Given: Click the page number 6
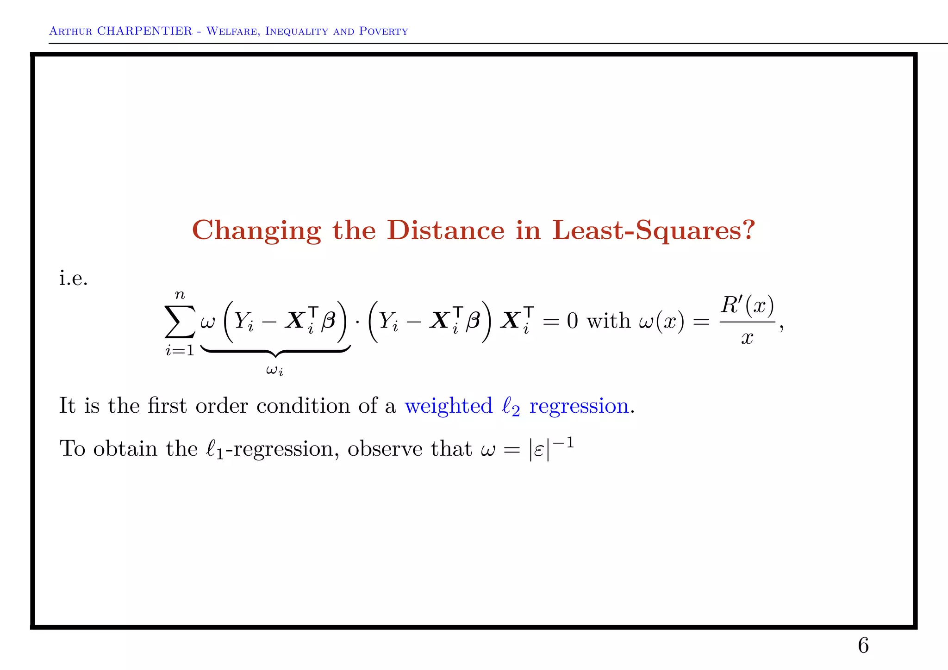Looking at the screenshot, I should (x=863, y=645).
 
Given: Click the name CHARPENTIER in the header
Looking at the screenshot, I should (x=144, y=31).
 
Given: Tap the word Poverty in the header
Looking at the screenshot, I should (x=384, y=31).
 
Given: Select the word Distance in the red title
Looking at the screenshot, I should (x=445, y=230).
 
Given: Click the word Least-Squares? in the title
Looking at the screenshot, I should (x=654, y=231).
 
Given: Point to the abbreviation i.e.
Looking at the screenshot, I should (x=73, y=278).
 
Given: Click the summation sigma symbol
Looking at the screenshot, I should (x=180, y=321).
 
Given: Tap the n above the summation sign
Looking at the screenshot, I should (x=180, y=295).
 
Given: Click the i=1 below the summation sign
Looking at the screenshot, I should (x=180, y=351).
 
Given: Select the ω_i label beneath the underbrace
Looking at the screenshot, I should (x=275, y=370).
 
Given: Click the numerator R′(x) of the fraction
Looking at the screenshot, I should (x=747, y=305).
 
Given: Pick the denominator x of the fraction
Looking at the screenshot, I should (x=747, y=338).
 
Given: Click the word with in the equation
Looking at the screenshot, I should (x=608, y=321).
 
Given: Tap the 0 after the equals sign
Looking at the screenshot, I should (x=573, y=321).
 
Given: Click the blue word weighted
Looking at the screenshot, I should (x=448, y=406).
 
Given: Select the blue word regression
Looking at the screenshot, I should (x=579, y=406).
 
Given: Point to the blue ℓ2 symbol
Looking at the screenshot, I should (x=511, y=407).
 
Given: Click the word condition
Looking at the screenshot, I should (x=303, y=406).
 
